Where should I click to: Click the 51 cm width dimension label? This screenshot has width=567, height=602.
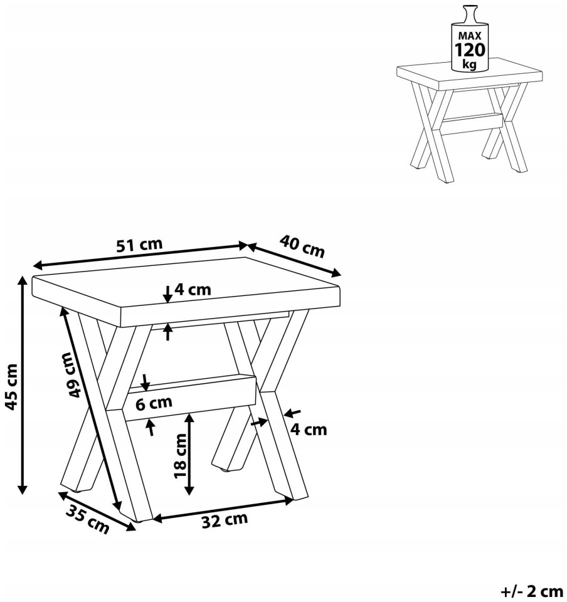click(x=139, y=245)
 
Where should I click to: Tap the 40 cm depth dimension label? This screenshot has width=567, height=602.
click(x=302, y=246)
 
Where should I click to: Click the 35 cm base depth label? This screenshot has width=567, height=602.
click(x=88, y=519)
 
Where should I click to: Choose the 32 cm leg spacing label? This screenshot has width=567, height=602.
click(x=225, y=520)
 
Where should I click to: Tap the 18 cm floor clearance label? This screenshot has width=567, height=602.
click(x=181, y=456)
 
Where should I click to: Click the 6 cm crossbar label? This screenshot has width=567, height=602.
click(x=154, y=403)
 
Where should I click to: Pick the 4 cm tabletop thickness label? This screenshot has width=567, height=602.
click(x=193, y=289)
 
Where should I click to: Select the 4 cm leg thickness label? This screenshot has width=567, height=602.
click(x=308, y=429)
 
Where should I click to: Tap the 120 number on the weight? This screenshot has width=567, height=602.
click(x=470, y=50)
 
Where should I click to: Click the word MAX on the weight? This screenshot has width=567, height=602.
click(x=470, y=36)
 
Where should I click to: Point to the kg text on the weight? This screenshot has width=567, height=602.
click(x=470, y=64)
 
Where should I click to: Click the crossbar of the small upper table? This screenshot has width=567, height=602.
click(x=472, y=124)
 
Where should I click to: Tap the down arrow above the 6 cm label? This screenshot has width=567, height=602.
click(x=145, y=382)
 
